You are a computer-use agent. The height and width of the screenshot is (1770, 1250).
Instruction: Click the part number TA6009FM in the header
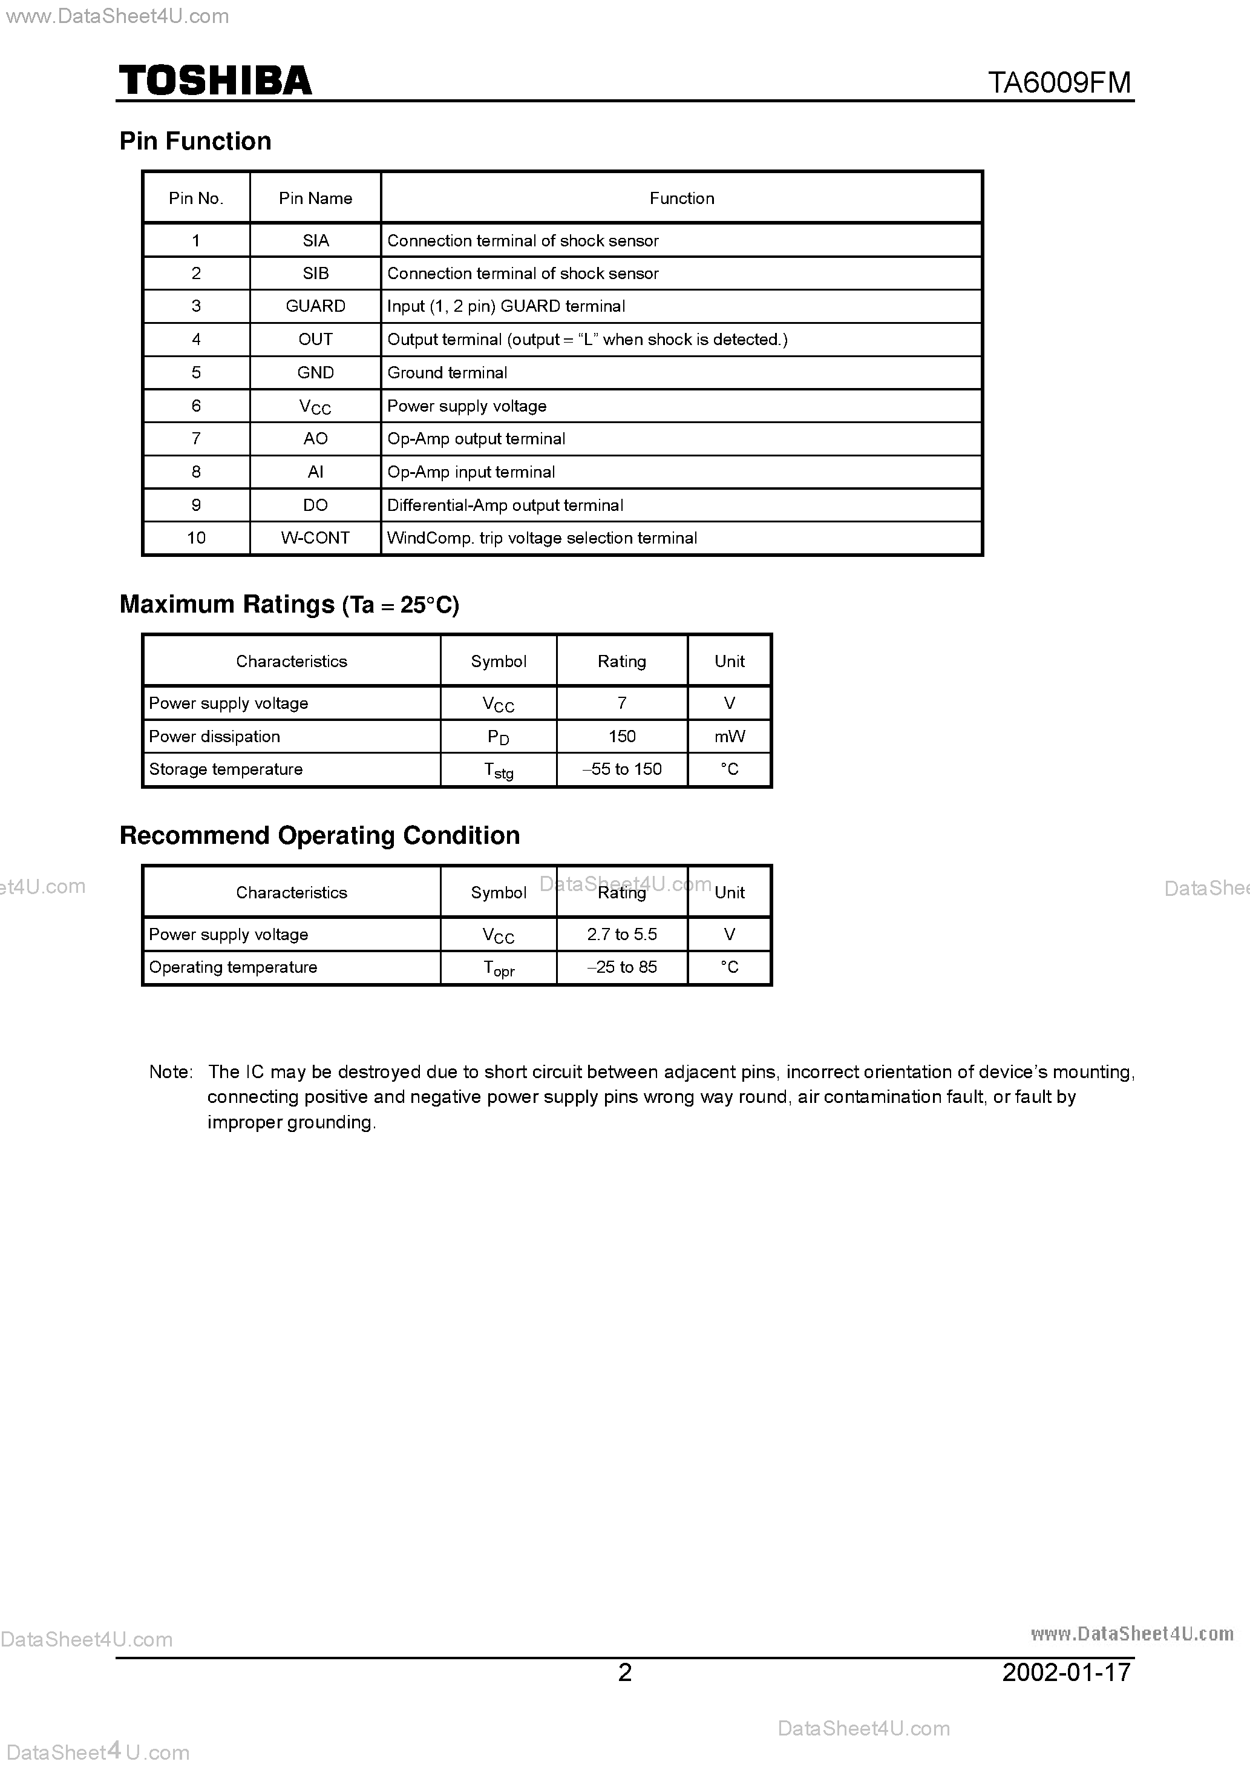(x=1059, y=82)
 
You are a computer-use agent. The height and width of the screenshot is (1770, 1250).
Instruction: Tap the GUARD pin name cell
(x=315, y=306)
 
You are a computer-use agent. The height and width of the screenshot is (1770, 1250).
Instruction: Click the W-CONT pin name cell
(x=315, y=538)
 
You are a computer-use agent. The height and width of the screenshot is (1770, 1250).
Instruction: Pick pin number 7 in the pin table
(x=196, y=439)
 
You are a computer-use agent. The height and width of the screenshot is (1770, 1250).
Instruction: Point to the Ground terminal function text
(x=447, y=372)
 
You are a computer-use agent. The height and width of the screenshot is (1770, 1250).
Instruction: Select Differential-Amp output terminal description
(x=505, y=505)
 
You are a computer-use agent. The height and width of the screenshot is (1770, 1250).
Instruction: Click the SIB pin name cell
(x=315, y=273)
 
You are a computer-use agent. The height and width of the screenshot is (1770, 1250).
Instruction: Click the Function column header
(x=681, y=198)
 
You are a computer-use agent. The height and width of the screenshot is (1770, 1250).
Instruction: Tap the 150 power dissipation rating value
(x=621, y=736)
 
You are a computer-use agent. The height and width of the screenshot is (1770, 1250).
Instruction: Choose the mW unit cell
(x=729, y=736)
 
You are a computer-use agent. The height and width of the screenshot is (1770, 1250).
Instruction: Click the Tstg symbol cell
(x=498, y=770)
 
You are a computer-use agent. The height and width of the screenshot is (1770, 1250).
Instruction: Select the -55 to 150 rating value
(x=621, y=769)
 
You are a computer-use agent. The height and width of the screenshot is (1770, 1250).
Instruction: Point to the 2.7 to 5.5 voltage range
(x=621, y=935)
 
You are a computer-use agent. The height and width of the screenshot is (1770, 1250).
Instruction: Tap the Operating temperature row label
(x=233, y=967)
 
